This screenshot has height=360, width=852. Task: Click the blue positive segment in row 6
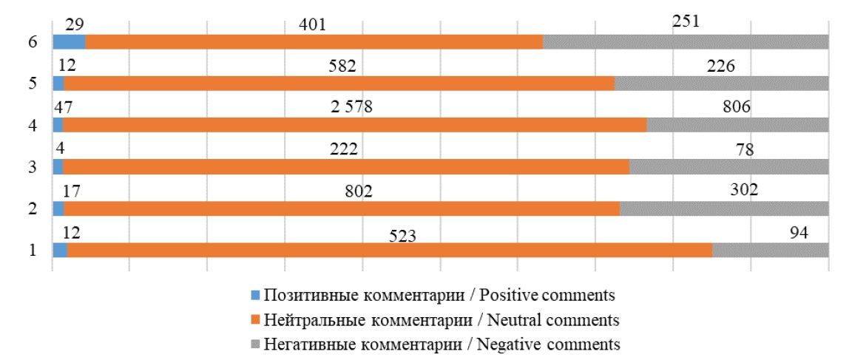(x=69, y=42)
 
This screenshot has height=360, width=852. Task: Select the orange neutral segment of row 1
(x=389, y=250)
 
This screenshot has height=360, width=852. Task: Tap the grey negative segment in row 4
(x=737, y=125)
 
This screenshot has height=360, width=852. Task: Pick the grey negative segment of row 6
(x=685, y=42)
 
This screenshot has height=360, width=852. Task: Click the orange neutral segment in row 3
(x=345, y=167)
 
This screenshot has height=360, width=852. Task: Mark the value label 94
(x=798, y=233)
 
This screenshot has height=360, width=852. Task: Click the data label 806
(x=737, y=107)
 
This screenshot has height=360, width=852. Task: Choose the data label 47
(x=64, y=107)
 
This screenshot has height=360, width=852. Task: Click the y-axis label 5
(x=32, y=84)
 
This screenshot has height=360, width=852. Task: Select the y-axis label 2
(x=32, y=208)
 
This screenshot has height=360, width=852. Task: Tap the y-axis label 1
(x=32, y=250)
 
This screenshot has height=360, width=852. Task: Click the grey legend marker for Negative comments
(x=257, y=344)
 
